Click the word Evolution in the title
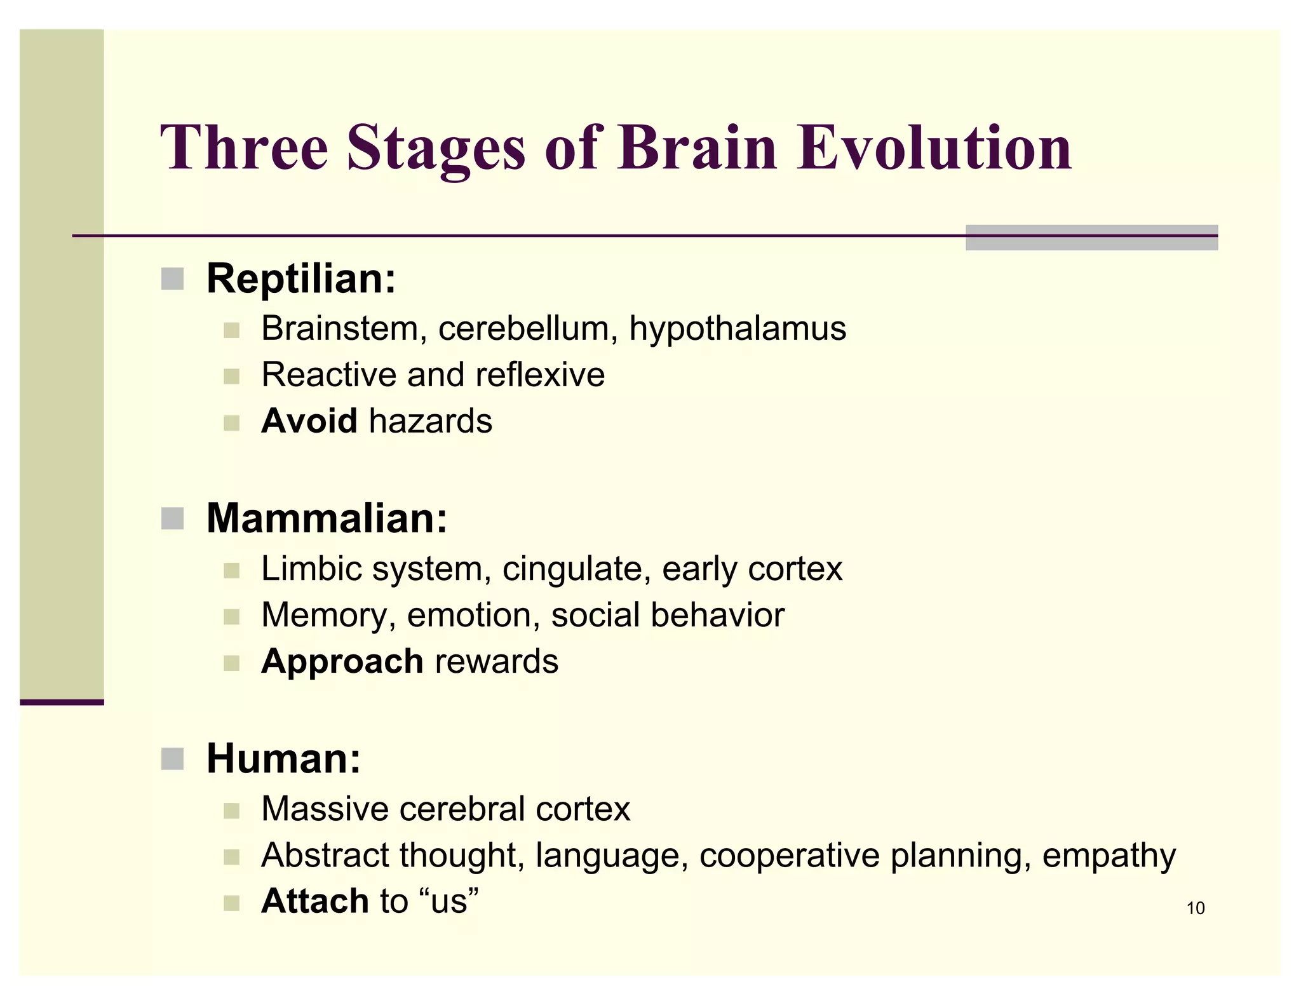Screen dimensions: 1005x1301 [934, 147]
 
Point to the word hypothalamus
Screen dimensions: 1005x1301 [738, 329]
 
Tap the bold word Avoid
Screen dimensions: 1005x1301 [309, 421]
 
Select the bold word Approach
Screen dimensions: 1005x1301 [342, 661]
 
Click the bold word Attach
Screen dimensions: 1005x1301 [314, 901]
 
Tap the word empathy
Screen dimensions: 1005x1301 [1109, 856]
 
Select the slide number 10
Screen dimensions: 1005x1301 [1195, 908]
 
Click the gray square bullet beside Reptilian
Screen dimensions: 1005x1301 [172, 279]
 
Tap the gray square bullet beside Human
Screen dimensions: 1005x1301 [172, 759]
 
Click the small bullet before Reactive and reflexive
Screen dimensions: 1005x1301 [231, 377]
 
